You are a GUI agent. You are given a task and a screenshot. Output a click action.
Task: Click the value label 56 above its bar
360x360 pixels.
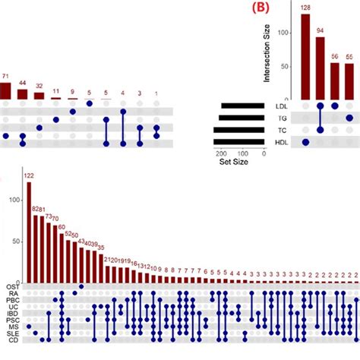click(x=334, y=56)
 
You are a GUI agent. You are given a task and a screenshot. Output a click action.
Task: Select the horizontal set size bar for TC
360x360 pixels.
click(x=238, y=130)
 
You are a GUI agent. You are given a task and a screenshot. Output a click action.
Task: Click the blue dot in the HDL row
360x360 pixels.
click(x=305, y=142)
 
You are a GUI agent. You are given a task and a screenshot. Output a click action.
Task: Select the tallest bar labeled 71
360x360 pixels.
click(x=6, y=90)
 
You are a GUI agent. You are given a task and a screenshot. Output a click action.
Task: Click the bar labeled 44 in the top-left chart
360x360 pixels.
click(x=23, y=94)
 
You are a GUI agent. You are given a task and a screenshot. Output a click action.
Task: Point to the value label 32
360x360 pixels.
click(x=39, y=86)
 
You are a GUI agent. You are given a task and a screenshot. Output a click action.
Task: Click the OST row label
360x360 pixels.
click(x=14, y=287)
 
